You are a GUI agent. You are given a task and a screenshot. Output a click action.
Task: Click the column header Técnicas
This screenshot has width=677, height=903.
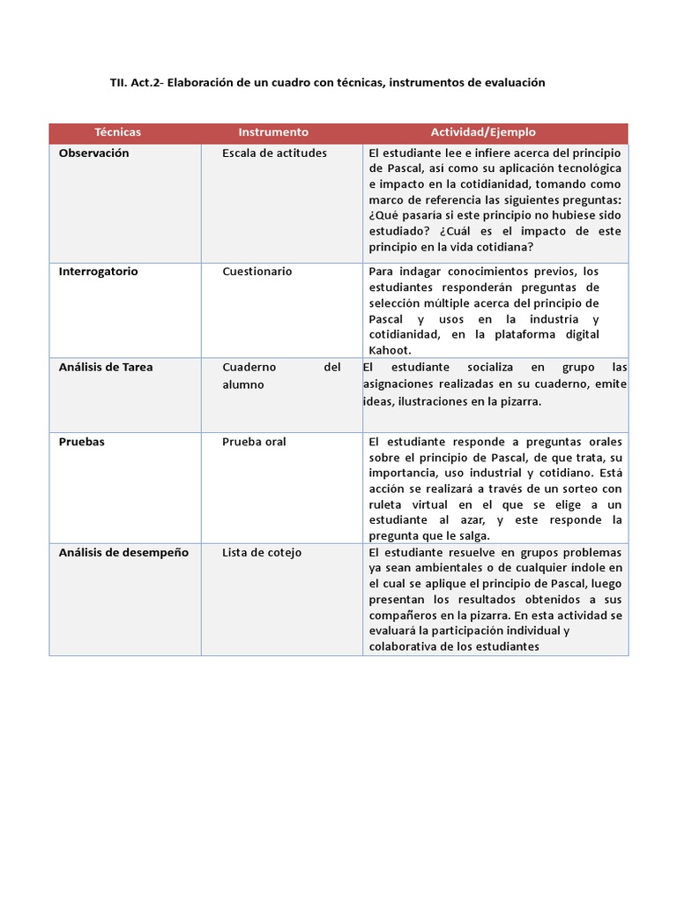[118, 132]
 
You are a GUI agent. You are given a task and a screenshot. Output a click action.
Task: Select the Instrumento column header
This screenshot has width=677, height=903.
[273, 132]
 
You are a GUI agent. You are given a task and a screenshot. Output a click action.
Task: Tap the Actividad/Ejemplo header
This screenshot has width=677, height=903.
[483, 132]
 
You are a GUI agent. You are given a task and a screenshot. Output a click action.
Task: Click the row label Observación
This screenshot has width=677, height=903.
[93, 153]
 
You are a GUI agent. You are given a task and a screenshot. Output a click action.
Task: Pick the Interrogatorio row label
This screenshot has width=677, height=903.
[99, 272]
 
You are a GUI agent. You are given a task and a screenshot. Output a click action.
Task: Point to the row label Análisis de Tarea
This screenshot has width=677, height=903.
[106, 368]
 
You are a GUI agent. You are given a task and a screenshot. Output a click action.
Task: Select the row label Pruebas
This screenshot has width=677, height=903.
[81, 442]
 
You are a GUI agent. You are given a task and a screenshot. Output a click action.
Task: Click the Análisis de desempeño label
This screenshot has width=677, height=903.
[123, 553]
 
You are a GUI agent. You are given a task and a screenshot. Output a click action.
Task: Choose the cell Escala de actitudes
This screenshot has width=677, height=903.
[274, 153]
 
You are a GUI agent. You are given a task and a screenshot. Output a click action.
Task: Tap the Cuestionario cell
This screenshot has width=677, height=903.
[257, 272]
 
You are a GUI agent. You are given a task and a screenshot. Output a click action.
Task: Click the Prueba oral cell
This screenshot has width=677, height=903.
[254, 442]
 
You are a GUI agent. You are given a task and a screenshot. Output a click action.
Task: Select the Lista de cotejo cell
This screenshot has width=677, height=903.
[262, 553]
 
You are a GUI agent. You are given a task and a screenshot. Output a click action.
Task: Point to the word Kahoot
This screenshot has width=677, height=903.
[390, 350]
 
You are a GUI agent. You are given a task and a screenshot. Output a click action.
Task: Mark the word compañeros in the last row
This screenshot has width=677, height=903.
[404, 616]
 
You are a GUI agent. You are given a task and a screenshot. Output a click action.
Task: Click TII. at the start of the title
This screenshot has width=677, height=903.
[119, 83]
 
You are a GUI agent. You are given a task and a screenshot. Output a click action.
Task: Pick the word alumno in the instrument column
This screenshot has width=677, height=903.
[243, 385]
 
